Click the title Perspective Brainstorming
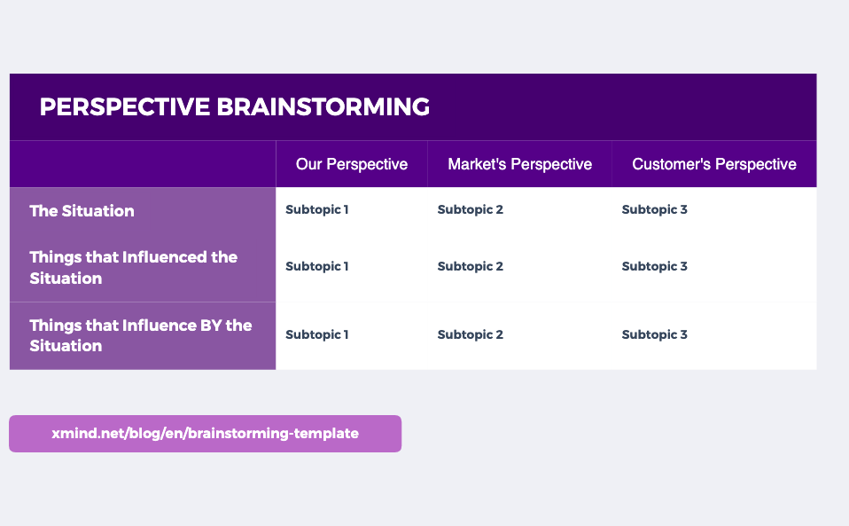pyautogui.click(x=235, y=107)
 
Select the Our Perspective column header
pyautogui.click(x=352, y=164)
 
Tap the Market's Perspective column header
pyautogui.click(x=519, y=164)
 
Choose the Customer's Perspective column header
pyautogui.click(x=713, y=164)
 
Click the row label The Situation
pyautogui.click(x=82, y=211)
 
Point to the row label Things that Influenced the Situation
pyautogui.click(x=133, y=268)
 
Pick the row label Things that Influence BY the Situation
pyautogui.click(x=140, y=335)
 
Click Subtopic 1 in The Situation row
pyautogui.click(x=317, y=210)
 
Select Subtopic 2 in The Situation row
pyautogui.click(x=471, y=210)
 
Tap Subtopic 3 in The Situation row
pyautogui.click(x=655, y=210)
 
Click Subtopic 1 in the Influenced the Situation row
pyautogui.click(x=317, y=267)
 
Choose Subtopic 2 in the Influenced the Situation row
pyautogui.click(x=471, y=267)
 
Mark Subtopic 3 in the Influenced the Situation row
pyautogui.click(x=655, y=267)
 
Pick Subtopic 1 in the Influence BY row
pyautogui.click(x=317, y=335)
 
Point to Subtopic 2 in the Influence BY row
pyautogui.click(x=471, y=335)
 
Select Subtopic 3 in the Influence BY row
pyautogui.click(x=655, y=335)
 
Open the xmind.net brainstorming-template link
pyautogui.click(x=205, y=434)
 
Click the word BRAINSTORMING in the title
pyautogui.click(x=323, y=107)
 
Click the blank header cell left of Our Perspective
pyautogui.click(x=143, y=164)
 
